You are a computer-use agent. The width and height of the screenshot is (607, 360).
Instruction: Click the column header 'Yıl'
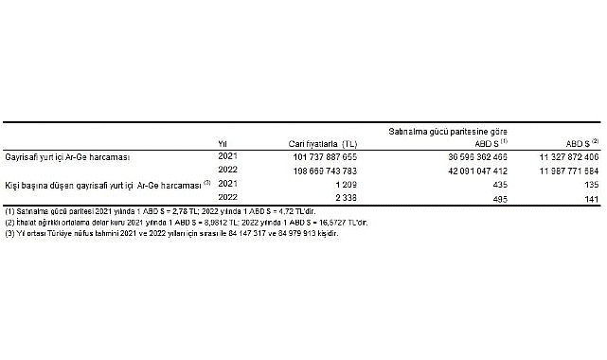[224, 143]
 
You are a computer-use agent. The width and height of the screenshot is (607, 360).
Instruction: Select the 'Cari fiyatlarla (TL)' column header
[323, 143]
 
